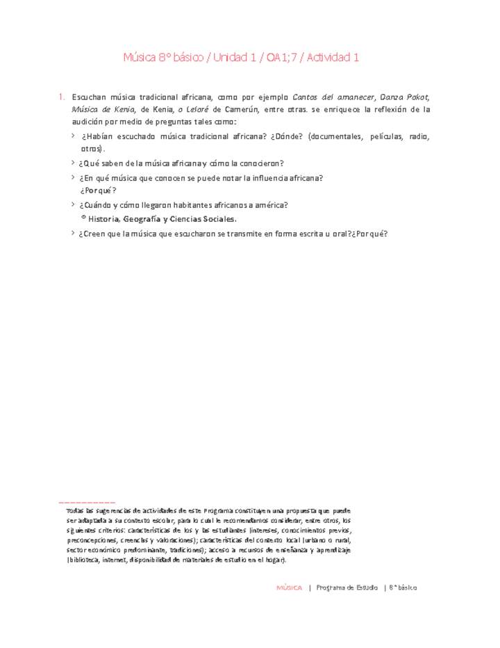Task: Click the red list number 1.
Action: (61, 97)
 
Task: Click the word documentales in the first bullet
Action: (333, 137)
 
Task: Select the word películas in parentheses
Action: (388, 137)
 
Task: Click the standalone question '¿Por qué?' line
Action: (98, 191)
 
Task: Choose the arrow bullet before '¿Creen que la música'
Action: (74, 234)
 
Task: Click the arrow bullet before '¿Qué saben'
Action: (74, 163)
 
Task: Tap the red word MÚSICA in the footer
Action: (289, 588)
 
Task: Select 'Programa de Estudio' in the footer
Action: (347, 588)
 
